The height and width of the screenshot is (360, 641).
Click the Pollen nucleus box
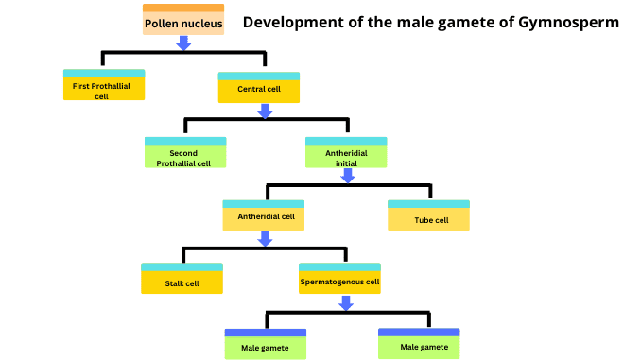(183, 22)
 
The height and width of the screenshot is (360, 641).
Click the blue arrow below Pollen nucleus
(183, 43)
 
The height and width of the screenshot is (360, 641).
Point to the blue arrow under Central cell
(266, 111)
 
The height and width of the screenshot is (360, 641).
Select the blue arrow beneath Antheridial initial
(346, 176)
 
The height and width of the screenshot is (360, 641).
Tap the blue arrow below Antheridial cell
(266, 239)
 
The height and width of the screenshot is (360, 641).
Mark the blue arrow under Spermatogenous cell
(346, 302)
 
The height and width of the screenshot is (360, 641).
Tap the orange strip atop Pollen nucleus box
(183, 8)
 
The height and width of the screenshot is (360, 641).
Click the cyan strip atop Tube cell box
(428, 204)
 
